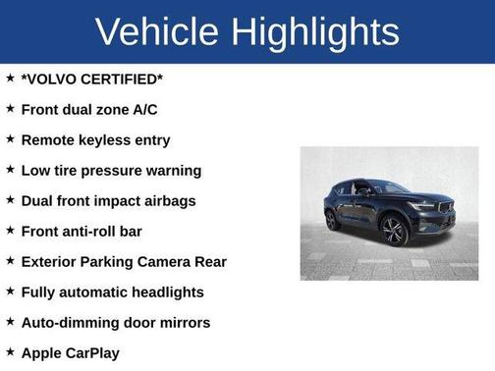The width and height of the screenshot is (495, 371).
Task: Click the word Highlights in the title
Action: coord(320,31)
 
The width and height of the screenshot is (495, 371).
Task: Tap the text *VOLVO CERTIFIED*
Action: coord(91,79)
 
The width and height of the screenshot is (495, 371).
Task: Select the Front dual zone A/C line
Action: coord(88,109)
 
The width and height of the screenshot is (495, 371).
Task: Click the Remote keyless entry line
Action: coord(95,139)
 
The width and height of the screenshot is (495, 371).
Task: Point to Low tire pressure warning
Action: coord(111,170)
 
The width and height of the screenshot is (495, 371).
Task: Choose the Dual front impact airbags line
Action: coord(108,200)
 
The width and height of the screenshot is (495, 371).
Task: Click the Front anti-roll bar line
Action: coord(94,231)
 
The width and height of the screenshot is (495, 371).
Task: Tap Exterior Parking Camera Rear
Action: coord(124,261)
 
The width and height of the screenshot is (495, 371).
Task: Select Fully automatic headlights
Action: coord(112,291)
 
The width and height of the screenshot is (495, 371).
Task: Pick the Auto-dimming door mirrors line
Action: coord(116,322)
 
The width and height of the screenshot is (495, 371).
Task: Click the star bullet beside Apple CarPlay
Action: coord(10,350)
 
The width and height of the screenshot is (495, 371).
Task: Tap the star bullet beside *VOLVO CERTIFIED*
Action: coord(10,78)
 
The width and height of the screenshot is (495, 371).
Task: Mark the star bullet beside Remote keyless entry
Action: coord(10,138)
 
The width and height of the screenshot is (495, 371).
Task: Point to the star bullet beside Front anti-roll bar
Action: coord(10,230)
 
